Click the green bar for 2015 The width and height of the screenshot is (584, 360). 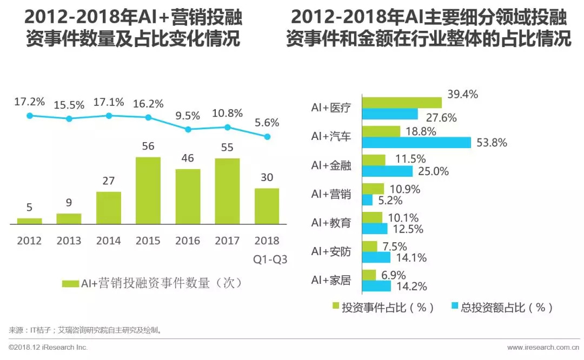pos(148,190)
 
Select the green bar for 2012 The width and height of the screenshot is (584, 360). pos(29,221)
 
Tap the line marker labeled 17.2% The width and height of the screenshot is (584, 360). pos(30,116)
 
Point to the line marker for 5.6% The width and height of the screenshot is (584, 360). pos(267,137)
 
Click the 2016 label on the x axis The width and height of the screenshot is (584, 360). pos(188,241)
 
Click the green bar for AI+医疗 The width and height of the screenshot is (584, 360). pos(401,103)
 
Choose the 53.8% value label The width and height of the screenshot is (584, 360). pos(492,143)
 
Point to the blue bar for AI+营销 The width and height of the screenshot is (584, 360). pos(367,200)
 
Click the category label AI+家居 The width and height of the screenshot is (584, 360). pos(331,280)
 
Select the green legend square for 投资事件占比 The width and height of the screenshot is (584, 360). pos(335,307)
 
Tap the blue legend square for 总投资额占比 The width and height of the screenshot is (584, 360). pos(455,307)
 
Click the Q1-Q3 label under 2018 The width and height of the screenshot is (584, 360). pos(269,259)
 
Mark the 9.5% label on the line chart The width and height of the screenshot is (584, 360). pos(188,115)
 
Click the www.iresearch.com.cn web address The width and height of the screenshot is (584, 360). pos(541,347)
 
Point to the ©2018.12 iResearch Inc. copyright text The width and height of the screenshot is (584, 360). pos(48,347)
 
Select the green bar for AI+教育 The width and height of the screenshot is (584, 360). pos(372,217)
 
